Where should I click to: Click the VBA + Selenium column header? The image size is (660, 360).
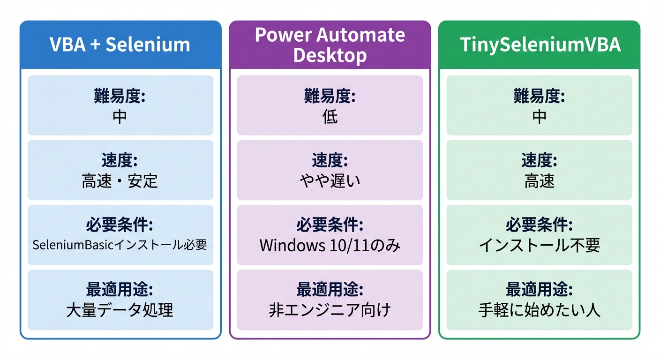click(x=120, y=45)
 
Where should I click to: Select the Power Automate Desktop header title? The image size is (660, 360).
click(x=330, y=45)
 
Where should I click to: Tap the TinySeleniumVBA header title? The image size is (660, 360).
click(x=540, y=45)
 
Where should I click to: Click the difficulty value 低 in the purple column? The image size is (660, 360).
click(x=330, y=117)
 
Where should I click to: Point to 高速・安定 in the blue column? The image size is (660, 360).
click(x=120, y=181)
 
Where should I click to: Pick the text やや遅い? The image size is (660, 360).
click(x=330, y=181)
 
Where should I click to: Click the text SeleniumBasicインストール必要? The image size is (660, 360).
click(x=120, y=245)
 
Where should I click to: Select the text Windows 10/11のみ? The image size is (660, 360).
click(x=330, y=246)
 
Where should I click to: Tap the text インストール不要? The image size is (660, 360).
click(x=539, y=246)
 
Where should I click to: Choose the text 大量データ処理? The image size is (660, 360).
click(x=120, y=310)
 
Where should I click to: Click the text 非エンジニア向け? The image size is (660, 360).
click(x=330, y=310)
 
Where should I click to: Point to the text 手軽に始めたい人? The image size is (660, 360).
click(x=539, y=310)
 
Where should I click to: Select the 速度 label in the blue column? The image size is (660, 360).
click(x=120, y=161)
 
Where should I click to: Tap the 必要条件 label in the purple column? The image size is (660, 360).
click(x=330, y=225)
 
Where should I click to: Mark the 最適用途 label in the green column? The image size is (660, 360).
click(x=539, y=290)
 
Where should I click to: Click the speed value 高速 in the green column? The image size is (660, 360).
click(x=539, y=181)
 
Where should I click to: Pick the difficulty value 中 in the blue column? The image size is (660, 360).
click(x=120, y=117)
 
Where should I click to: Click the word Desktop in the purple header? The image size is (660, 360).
click(x=330, y=55)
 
